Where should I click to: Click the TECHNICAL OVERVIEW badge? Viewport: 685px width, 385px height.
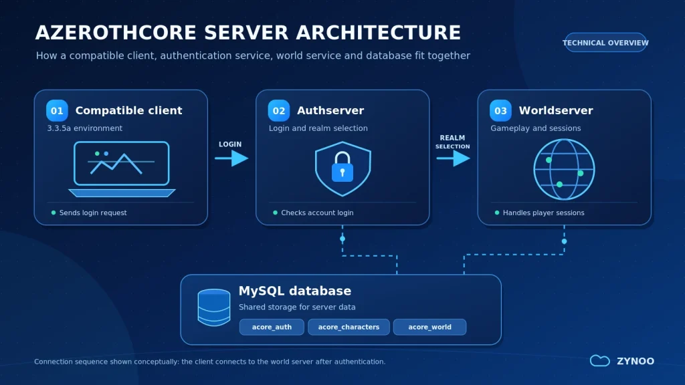tap(605, 43)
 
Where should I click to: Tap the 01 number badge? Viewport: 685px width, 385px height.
tap(58, 110)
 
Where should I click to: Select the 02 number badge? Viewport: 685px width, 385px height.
tap(279, 110)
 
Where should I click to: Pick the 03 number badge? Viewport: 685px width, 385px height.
tap(500, 110)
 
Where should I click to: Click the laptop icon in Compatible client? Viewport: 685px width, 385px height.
tap(122, 169)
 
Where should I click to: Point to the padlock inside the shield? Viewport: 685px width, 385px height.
tap(342, 166)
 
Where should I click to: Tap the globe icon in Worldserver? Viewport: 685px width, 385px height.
tap(564, 169)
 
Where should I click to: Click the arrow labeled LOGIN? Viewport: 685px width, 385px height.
tap(231, 158)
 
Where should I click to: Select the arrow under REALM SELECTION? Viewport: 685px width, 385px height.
tap(453, 158)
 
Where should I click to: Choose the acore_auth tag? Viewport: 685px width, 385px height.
tap(272, 327)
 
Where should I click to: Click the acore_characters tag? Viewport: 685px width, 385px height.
tap(349, 327)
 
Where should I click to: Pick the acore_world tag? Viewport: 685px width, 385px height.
tap(430, 327)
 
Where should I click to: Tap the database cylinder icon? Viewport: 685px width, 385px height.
tap(214, 307)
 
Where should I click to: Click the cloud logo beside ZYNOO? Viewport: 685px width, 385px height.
tap(600, 360)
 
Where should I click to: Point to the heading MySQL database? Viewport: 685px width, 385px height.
tap(295, 291)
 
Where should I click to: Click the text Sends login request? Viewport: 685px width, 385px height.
tap(93, 213)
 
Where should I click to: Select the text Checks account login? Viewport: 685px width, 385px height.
tap(317, 213)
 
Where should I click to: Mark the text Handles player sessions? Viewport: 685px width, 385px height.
tap(543, 213)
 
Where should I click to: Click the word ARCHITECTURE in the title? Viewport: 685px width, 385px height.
tap(379, 33)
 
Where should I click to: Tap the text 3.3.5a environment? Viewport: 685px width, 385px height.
tap(85, 128)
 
